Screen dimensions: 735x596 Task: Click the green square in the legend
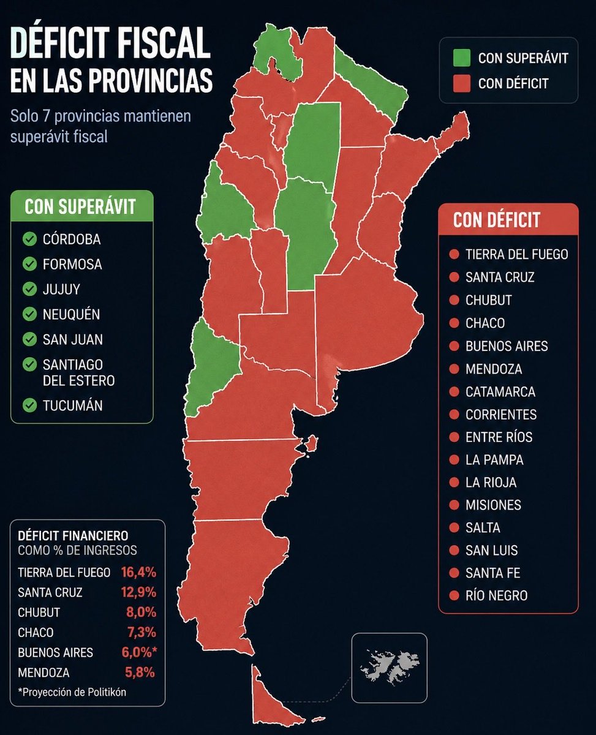click(462, 58)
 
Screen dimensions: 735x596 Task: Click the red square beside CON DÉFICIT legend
click(462, 83)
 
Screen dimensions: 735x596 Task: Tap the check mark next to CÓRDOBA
click(29, 239)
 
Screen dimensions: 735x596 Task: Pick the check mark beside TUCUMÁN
click(29, 405)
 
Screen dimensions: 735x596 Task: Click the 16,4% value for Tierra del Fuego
click(138, 573)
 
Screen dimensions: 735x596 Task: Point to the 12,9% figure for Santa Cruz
click(138, 593)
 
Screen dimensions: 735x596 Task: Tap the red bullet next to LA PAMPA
click(454, 460)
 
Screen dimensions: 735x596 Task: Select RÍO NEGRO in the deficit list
click(496, 595)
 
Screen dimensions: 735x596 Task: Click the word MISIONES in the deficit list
click(493, 505)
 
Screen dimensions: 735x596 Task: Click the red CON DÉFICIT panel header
click(508, 219)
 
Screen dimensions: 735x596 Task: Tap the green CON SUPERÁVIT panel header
click(81, 206)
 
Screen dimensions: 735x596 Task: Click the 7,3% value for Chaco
click(140, 633)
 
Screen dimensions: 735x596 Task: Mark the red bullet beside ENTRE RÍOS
click(454, 437)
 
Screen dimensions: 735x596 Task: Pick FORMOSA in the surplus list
click(72, 265)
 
